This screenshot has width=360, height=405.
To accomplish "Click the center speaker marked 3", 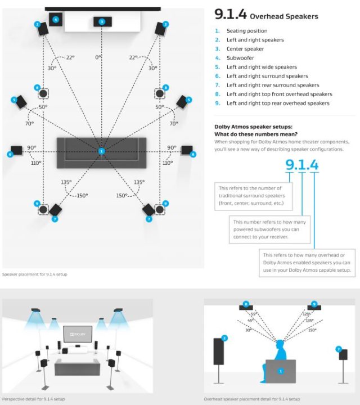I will tap(101, 22).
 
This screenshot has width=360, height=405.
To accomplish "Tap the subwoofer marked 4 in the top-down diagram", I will tap(55, 20).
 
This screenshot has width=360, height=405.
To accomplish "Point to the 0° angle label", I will tap(98, 57).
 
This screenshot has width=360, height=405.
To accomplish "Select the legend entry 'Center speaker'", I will tap(245, 49).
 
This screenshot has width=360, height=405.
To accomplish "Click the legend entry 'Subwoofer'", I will tap(241, 58).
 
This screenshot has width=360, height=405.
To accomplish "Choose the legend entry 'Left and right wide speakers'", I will tap(262, 67).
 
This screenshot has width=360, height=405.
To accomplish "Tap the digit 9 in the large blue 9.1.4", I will tap(291, 165).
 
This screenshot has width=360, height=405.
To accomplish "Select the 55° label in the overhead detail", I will tap(254, 314).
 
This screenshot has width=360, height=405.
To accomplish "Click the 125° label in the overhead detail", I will tap(307, 314).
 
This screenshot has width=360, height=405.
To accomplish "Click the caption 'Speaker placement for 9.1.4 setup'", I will tap(35, 274).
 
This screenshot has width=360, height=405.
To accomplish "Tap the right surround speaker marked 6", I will tap(187, 150).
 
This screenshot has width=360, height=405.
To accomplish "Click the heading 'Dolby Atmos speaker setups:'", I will tap(253, 127).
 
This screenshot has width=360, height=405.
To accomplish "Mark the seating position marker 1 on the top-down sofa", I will tap(101, 151).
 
